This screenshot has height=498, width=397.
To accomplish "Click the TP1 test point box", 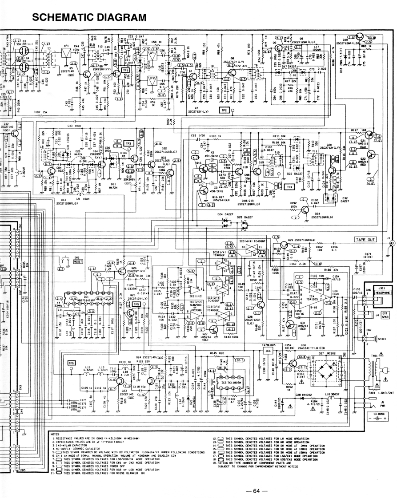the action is coord(125,70).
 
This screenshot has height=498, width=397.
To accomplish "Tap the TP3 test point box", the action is coord(129,144).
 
